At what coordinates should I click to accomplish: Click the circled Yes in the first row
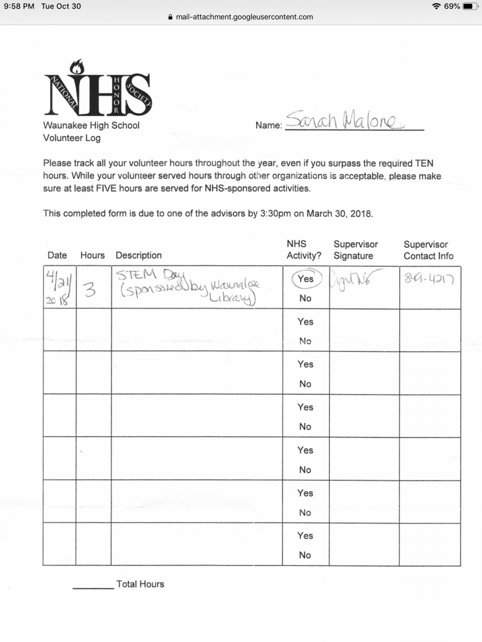305,279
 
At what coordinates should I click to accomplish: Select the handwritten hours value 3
90,289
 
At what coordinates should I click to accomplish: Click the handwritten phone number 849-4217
429,279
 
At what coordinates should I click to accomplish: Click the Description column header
139,255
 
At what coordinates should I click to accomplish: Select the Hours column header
92,255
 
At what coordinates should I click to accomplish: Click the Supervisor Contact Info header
428,250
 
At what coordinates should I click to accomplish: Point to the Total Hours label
140,584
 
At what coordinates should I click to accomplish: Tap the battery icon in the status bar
470,7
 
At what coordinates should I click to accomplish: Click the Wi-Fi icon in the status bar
436,7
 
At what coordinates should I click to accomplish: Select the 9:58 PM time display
19,7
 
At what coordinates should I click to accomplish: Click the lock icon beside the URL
171,17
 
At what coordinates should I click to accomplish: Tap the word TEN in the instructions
424,164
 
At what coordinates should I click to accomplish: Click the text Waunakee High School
91,125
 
